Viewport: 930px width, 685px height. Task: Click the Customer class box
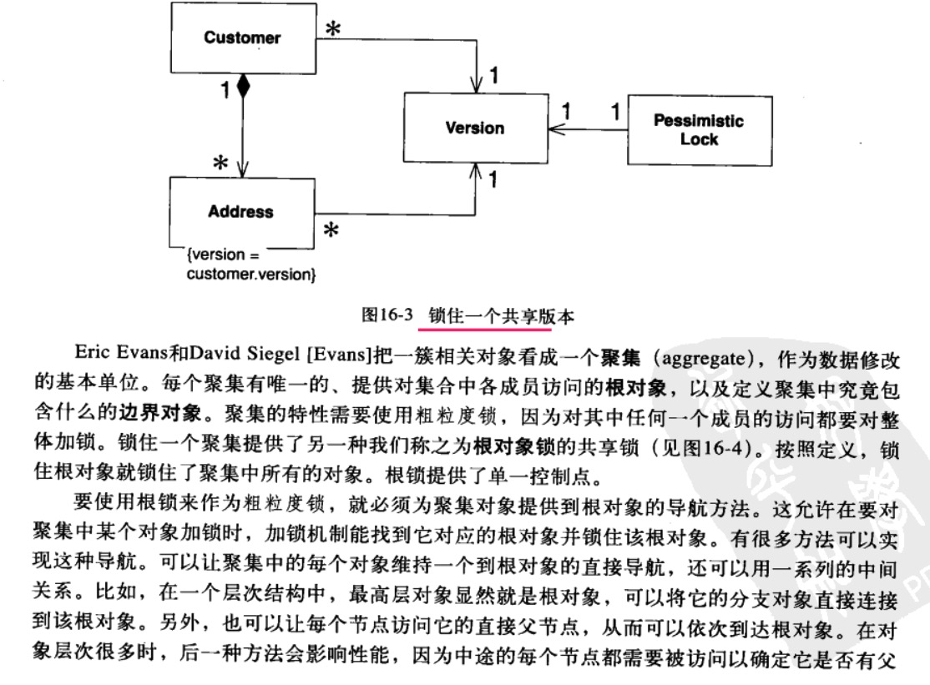pyautogui.click(x=242, y=38)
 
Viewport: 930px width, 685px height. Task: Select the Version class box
pyautogui.click(x=473, y=128)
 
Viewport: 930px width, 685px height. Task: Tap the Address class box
pyautogui.click(x=240, y=211)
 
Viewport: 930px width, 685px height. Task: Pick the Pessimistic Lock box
pyautogui.click(x=699, y=129)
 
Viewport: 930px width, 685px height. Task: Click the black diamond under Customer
pyautogui.click(x=242, y=85)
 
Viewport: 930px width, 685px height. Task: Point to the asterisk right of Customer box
pyautogui.click(x=332, y=29)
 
